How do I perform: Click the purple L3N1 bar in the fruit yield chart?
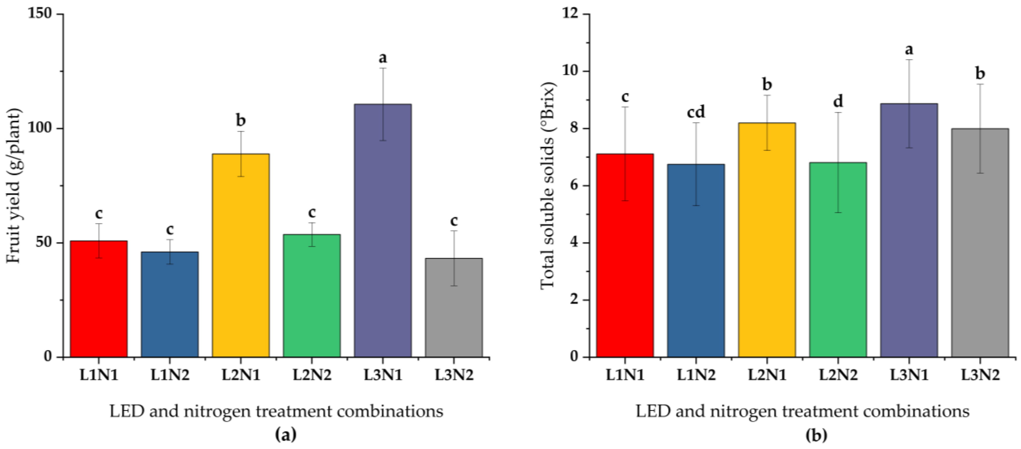tap(383, 238)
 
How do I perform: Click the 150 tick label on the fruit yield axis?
tap(40, 14)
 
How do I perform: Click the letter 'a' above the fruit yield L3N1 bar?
tap(383, 58)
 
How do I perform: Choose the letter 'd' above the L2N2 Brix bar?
tap(838, 102)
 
